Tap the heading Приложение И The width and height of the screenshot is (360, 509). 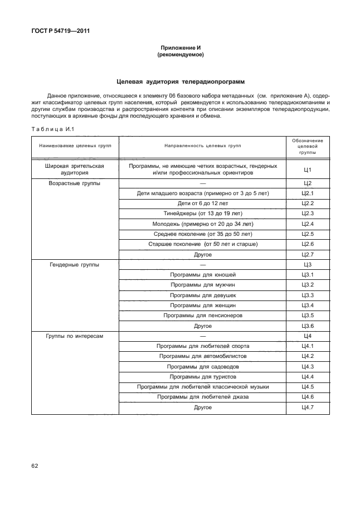tap(180, 49)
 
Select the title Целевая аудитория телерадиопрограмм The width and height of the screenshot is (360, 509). tap(180, 81)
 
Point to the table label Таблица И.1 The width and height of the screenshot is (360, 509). tap(50, 129)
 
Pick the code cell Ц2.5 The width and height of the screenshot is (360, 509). tap(308, 234)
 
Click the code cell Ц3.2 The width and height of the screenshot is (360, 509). tap(308, 285)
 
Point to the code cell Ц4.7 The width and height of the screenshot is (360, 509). tap(308, 408)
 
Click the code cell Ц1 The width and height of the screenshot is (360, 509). tap(308, 169)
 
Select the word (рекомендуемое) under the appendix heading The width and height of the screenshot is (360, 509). tap(180, 55)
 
